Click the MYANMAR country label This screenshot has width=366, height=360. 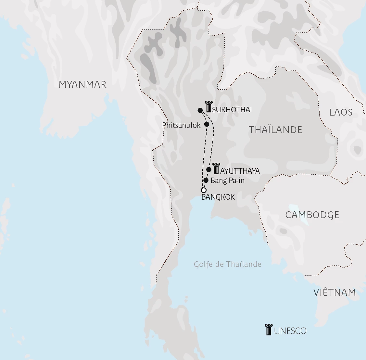82,84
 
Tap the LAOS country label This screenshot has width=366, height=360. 341,112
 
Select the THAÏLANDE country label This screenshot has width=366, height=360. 275,130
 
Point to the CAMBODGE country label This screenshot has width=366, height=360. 312,215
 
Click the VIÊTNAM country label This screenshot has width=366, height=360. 334,292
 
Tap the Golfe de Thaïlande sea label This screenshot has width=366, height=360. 228,264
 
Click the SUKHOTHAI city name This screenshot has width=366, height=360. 232,110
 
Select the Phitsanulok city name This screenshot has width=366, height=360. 181,125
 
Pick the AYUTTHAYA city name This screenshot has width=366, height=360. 240,171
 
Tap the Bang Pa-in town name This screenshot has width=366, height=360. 227,180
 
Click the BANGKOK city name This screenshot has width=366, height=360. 218,197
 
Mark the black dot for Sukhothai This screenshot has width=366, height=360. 200,110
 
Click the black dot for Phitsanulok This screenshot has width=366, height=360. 207,124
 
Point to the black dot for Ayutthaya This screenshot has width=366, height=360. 209,169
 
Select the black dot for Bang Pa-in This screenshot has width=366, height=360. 206,180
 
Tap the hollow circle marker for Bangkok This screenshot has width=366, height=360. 204,190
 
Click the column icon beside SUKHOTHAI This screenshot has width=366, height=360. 208,106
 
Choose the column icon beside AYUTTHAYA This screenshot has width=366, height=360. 216,168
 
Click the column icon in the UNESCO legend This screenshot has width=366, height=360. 269,329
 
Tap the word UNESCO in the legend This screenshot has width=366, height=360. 290,331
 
